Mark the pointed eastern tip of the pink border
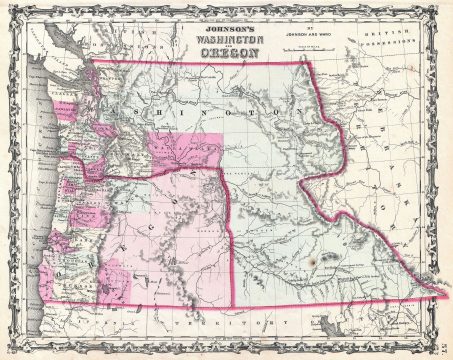click(x=445, y=297)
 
